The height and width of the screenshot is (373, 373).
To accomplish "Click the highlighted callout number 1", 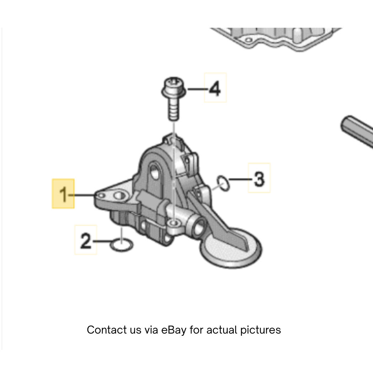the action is pyautogui.click(x=63, y=194).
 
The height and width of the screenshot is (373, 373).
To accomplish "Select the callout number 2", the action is pyautogui.click(x=86, y=241).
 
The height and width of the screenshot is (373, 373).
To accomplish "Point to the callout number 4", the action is pyautogui.click(x=215, y=88).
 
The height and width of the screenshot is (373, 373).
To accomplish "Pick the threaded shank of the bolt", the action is pyautogui.click(x=174, y=109).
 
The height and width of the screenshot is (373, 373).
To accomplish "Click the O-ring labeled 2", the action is pyautogui.click(x=121, y=244).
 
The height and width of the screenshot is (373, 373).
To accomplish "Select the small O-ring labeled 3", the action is pyautogui.click(x=223, y=183).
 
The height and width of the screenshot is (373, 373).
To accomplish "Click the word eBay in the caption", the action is pyautogui.click(x=174, y=330).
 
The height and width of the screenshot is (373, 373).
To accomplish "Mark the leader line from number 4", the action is pyautogui.click(x=198, y=89).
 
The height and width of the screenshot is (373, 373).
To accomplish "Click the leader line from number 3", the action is pyautogui.click(x=241, y=179).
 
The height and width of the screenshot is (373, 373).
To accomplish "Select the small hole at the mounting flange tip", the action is pyautogui.click(x=101, y=195).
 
